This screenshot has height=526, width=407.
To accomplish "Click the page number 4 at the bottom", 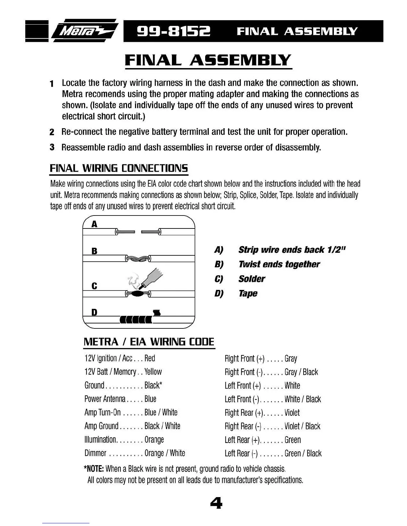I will click(216, 503).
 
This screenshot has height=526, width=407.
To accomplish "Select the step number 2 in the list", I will click(52, 132).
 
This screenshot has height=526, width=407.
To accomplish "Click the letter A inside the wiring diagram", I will click(94, 224).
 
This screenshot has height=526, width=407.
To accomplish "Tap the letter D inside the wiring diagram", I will click(94, 312).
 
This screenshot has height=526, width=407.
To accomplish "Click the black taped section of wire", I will click(136, 320).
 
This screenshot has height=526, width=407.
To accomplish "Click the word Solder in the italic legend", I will click(252, 279).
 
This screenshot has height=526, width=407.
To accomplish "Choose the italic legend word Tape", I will click(248, 294).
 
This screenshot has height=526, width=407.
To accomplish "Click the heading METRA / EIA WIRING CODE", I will click(149, 342).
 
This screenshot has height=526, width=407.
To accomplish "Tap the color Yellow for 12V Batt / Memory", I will click(153, 372).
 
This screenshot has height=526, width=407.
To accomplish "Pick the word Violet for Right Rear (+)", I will click(292, 413).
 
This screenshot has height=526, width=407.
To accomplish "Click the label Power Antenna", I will click(105, 399).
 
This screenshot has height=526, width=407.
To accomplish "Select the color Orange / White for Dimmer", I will click(165, 453).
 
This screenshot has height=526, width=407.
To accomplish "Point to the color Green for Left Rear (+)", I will click(293, 440).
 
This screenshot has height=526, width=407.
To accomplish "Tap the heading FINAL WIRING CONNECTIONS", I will click(119, 168).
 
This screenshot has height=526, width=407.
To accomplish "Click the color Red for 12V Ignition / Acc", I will click(150, 358).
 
